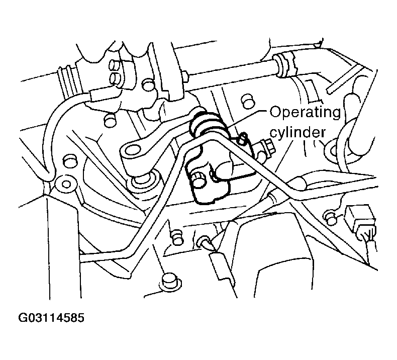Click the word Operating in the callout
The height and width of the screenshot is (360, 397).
(x=305, y=113)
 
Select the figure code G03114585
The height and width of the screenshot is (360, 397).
(x=51, y=318)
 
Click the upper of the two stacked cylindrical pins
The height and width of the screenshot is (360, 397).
(x=116, y=64)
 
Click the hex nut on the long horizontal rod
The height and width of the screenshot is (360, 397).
(x=185, y=76)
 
